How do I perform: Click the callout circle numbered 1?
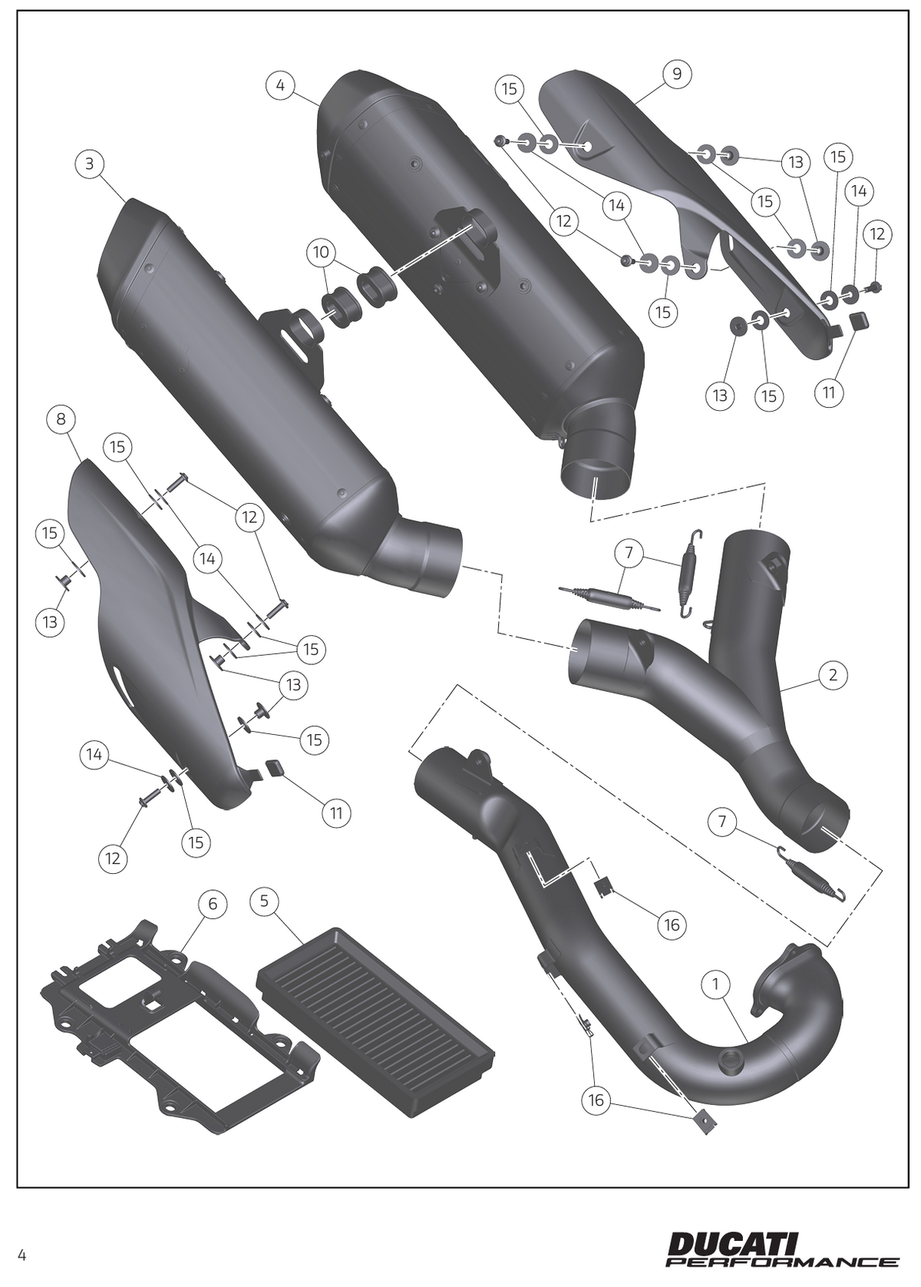coord(716,984)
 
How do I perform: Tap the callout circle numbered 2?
coord(834,674)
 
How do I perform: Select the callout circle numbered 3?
coord(90,164)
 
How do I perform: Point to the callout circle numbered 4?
coord(280,85)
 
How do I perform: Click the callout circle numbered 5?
coord(264,901)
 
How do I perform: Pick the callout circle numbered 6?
coord(213,905)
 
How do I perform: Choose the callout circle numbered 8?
coord(61,419)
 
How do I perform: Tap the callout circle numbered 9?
coord(677,74)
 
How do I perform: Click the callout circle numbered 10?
coord(322,252)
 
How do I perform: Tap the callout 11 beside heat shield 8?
coord(336,813)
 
